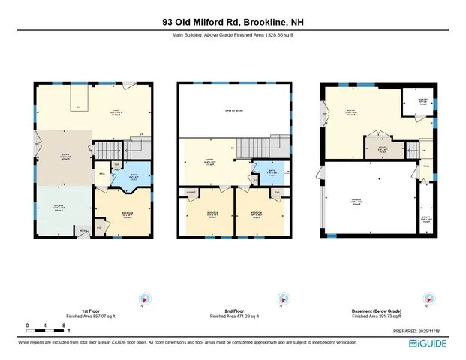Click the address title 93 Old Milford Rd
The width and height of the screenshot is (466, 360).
233,22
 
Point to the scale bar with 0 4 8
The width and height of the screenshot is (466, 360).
46,325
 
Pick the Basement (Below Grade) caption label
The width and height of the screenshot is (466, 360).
375,310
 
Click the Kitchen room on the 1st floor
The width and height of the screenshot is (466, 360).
62,208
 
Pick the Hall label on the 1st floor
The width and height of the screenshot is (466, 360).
102,175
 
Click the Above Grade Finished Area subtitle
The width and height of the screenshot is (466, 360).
233,34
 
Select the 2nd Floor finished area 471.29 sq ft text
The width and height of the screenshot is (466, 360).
233,316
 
